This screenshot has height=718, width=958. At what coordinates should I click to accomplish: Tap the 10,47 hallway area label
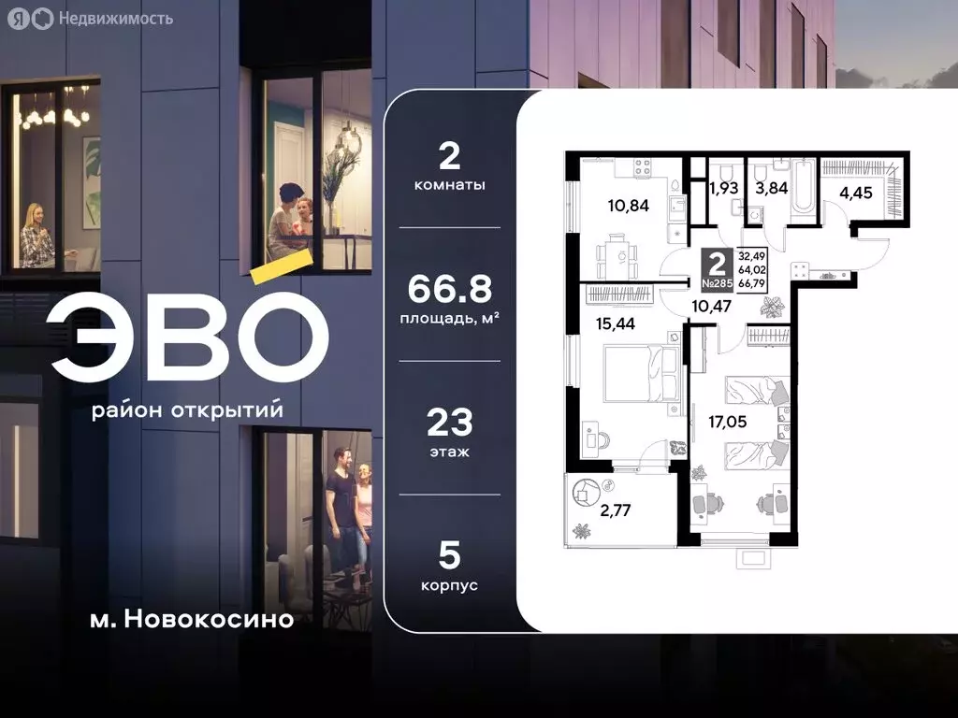(x=712, y=304)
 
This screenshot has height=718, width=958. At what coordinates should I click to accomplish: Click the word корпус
(x=449, y=585)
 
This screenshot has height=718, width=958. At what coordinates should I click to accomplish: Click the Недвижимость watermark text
(x=115, y=18)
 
